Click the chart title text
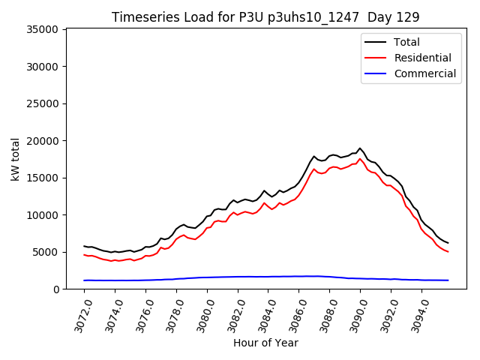pos(265,16)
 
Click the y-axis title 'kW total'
pos(16,158)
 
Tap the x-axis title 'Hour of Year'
pos(265,343)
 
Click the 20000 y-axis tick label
pos(43,141)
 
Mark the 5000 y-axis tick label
pos(46,252)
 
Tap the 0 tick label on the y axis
pos(56,289)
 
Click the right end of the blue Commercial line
pos(448,280)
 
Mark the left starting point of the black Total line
pos(84,246)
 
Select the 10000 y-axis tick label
pos(43,215)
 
